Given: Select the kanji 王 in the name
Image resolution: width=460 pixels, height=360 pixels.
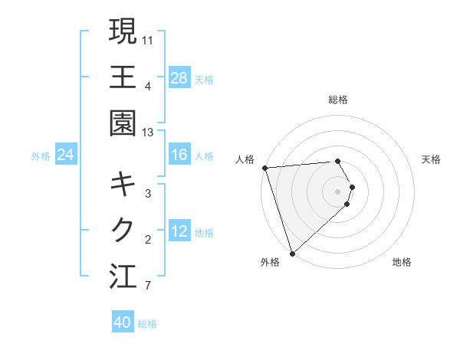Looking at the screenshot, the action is coord(123,77).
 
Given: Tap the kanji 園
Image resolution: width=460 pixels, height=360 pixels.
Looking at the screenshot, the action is coord(123,123).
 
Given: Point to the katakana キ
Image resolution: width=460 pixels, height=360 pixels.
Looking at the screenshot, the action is coord(123,184).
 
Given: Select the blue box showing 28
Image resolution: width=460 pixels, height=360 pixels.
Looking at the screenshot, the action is coord(179,78).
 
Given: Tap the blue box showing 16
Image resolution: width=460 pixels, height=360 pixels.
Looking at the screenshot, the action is coord(179,155).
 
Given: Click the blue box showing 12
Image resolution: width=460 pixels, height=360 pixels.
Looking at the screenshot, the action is coord(179,232).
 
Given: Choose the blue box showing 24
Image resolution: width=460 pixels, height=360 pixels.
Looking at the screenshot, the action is coord(65,155).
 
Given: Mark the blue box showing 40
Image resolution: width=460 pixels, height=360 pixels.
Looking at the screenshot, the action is coord(123,322).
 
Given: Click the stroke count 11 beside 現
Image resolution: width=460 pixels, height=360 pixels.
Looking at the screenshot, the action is coord(148,39).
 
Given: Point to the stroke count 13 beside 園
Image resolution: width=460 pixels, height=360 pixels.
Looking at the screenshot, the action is coord(148,133).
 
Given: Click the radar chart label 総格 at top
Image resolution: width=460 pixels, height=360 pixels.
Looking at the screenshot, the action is coord(338,100).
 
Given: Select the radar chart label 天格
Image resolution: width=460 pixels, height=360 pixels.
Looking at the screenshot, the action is coord(432,159).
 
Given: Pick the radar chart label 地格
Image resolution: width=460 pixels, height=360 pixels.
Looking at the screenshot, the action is coord(402,262).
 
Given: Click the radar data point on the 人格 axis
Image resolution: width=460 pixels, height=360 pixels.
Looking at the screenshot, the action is coord(264,168).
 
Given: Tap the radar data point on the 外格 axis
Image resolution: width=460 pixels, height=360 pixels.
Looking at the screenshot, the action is coord(292,252).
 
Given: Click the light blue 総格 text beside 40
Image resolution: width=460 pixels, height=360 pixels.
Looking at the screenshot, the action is coord(147,324).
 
